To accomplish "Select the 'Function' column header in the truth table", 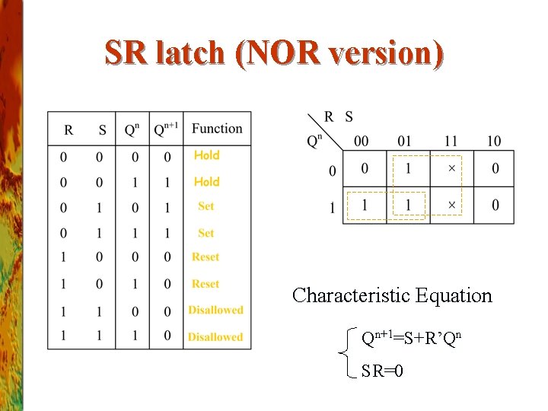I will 217,129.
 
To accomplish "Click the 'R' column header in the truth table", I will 68,130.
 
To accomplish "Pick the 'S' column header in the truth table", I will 102,130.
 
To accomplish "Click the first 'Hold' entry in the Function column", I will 206,155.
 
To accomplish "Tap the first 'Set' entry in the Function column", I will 205,206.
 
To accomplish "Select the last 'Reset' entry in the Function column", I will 205,284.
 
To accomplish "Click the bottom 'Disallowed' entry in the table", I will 215,336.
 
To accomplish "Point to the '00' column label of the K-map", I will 362,141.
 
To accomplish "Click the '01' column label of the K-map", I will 405,141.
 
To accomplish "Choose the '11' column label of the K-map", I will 450,141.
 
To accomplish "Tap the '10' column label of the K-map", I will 494,141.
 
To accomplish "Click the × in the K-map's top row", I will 452,168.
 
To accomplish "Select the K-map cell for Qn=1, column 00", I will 365,205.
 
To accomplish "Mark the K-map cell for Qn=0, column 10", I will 495,168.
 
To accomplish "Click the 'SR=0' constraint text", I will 382,371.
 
